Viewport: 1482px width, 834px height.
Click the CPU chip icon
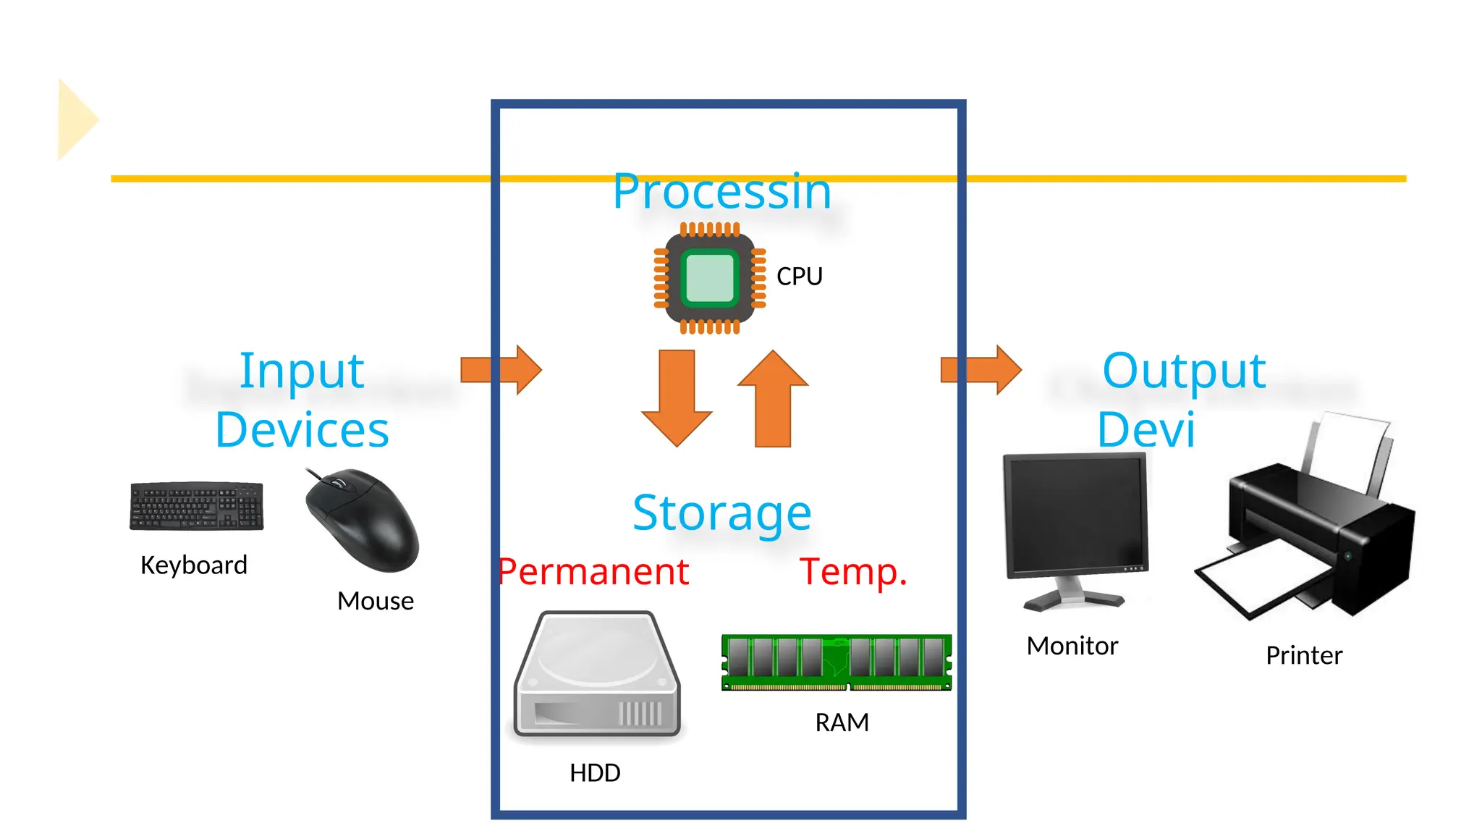point(709,278)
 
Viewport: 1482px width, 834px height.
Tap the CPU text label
point(799,277)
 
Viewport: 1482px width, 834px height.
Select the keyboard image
point(196,506)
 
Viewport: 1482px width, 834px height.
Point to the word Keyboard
point(194,565)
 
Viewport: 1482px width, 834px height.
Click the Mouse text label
point(375,601)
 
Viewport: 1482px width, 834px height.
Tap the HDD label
point(595,772)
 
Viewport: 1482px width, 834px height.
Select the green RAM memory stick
point(836,662)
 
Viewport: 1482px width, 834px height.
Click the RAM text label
point(842,723)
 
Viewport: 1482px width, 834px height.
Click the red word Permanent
point(593,572)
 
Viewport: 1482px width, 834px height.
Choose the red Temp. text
point(853,572)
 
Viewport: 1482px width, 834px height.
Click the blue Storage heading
point(721,513)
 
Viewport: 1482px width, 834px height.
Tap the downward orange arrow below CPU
point(677,398)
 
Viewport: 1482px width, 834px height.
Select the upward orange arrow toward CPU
point(773,398)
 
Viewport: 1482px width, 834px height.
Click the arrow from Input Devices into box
point(501,369)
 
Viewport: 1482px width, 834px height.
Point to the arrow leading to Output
point(981,369)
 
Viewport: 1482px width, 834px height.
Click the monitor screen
point(1075,515)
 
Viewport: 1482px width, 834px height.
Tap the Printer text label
point(1303,655)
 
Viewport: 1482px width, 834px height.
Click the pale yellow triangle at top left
point(75,119)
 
